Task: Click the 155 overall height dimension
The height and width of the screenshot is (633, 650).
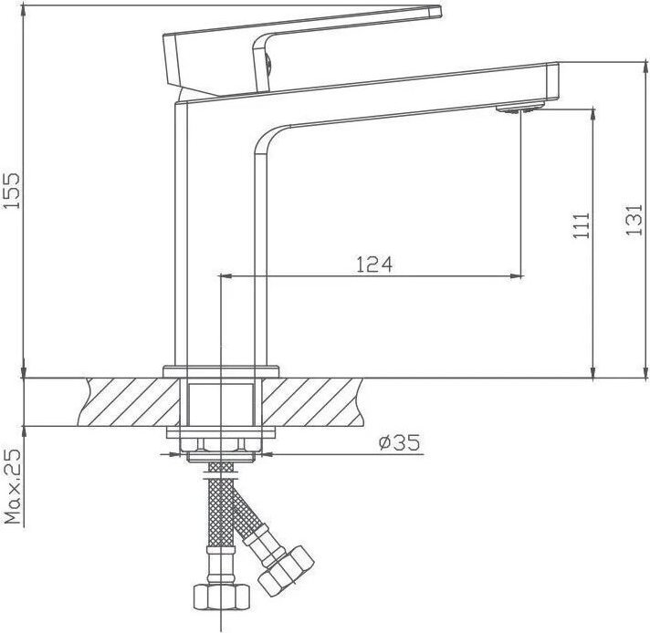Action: (x=11, y=191)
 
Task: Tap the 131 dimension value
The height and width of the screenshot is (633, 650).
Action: (x=634, y=220)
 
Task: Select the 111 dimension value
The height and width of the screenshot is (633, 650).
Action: (x=582, y=225)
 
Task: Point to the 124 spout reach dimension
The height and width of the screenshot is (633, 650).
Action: (x=374, y=265)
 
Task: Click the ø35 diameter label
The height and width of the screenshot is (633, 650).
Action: (x=400, y=442)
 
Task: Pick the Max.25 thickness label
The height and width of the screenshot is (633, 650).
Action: (x=13, y=486)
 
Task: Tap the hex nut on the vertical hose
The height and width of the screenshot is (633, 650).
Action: (x=221, y=597)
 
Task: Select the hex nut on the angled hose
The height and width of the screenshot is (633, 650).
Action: (x=286, y=571)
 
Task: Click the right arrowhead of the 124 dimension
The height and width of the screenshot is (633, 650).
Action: (x=519, y=275)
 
